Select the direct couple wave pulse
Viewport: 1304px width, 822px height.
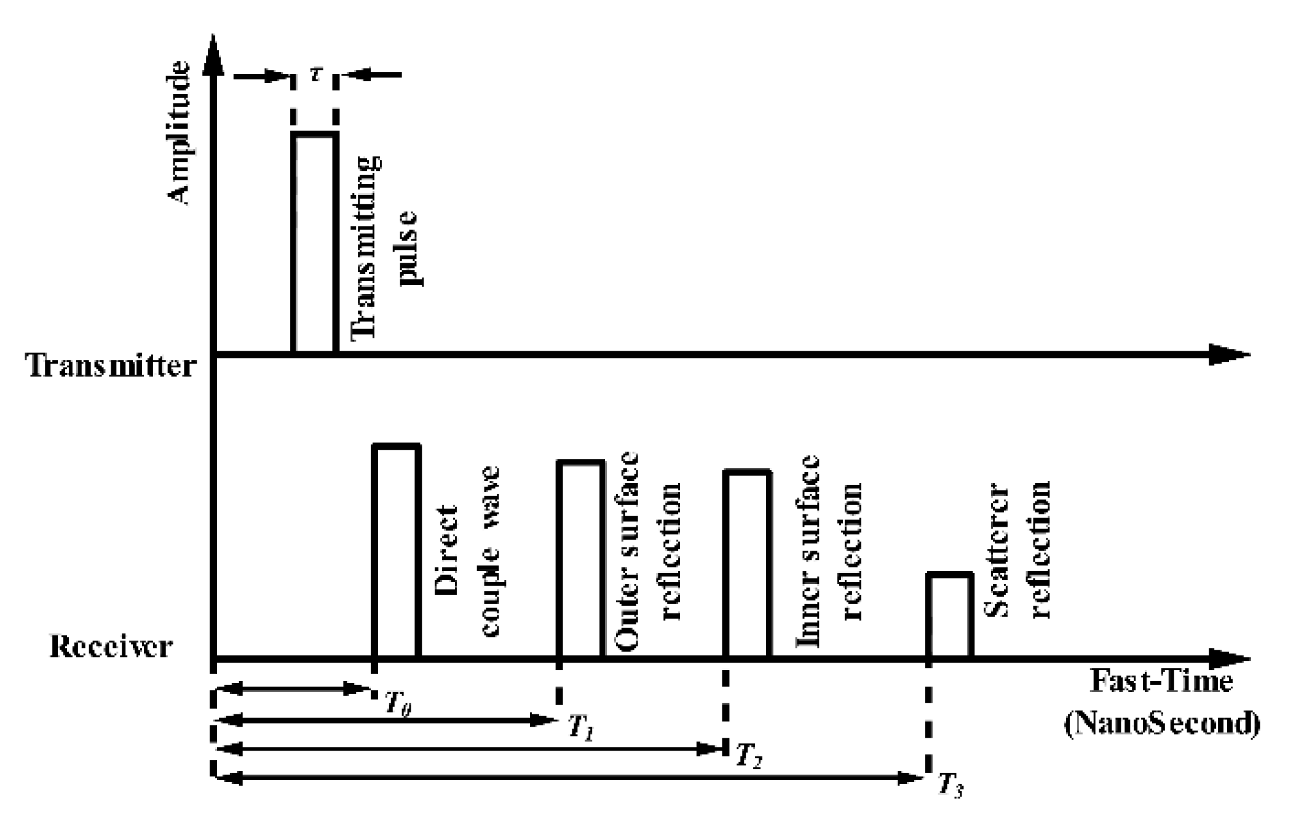[397, 550]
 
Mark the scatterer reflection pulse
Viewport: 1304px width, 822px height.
[950, 615]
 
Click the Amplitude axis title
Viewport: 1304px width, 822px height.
[179, 132]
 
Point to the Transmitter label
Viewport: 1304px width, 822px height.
[111, 365]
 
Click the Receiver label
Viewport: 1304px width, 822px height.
[111, 647]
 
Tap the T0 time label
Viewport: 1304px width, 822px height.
[397, 702]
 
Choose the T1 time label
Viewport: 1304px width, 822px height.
[580, 728]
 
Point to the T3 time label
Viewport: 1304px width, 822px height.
[950, 784]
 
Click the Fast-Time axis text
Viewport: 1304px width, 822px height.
[1161, 681]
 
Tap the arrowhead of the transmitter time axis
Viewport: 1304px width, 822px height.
[1227, 354]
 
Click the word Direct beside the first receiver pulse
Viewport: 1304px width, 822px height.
[447, 550]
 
